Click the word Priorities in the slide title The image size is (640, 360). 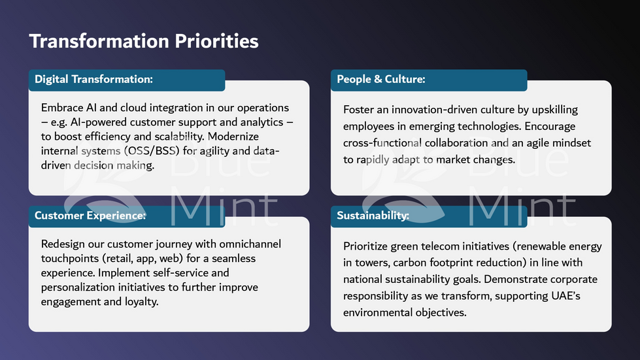216,42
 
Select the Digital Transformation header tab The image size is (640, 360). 127,80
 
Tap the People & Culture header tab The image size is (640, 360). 429,80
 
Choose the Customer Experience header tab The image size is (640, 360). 127,216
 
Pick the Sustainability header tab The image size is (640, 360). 429,216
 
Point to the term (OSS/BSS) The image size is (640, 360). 152,152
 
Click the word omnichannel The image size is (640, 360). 250,244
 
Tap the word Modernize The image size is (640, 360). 233,136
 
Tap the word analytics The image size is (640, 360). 261,122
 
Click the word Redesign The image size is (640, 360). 63,244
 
